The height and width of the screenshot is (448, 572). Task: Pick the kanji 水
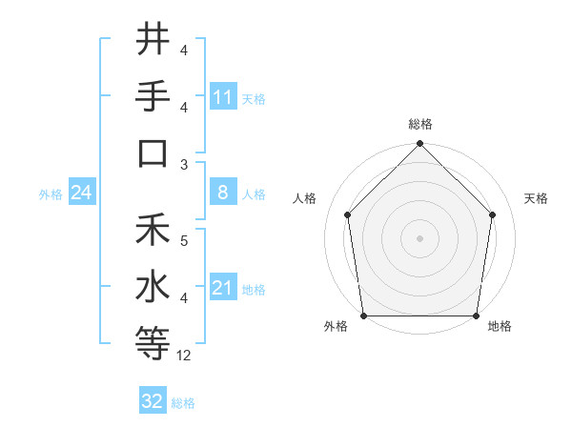click(153, 286)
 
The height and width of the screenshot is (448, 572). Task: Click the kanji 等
click(153, 343)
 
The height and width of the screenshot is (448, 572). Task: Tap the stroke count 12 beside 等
click(184, 356)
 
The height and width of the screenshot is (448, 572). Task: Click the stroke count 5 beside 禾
click(184, 242)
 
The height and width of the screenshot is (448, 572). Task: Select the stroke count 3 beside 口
click(184, 164)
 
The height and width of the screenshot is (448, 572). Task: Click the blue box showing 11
click(223, 97)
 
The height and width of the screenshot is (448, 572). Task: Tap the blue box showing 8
click(223, 193)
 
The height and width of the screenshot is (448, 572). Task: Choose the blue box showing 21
click(223, 288)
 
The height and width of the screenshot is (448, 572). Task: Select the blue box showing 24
click(82, 193)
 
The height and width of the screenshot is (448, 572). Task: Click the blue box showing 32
click(153, 401)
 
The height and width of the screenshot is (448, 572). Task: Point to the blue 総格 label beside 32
click(184, 403)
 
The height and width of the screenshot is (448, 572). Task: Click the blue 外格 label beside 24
click(51, 194)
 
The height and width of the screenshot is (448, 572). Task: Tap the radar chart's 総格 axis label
click(420, 125)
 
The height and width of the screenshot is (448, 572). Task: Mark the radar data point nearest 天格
click(493, 214)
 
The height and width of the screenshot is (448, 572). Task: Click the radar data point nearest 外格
click(363, 316)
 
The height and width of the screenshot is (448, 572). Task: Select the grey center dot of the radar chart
click(420, 237)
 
